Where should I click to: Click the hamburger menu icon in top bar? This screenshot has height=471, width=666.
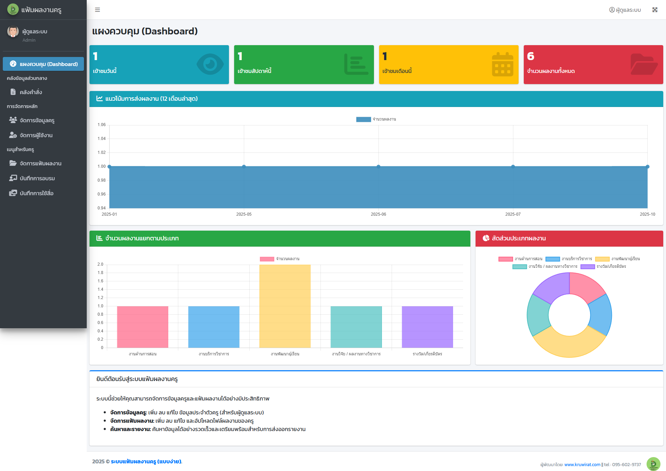[x=97, y=10]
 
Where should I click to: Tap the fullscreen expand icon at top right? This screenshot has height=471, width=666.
[x=655, y=10]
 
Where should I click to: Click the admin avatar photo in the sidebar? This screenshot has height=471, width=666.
[x=13, y=32]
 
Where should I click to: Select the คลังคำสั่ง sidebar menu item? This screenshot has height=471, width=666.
[x=31, y=92]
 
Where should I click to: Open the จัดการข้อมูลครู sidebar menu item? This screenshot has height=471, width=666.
[x=37, y=120]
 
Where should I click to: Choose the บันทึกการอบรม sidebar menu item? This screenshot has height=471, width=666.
[x=37, y=178]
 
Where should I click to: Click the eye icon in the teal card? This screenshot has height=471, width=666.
[x=210, y=64]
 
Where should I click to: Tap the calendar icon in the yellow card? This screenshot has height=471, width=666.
[x=502, y=64]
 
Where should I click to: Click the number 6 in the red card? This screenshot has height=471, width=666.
[x=530, y=56]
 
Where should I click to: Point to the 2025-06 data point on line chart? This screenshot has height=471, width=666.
[x=378, y=166]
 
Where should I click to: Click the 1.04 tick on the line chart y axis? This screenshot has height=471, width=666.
[x=102, y=139]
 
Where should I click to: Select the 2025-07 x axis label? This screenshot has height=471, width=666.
[x=513, y=214]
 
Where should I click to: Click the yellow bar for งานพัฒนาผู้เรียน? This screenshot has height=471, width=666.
[x=285, y=306]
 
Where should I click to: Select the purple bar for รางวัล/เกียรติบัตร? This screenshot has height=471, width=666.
[x=427, y=327]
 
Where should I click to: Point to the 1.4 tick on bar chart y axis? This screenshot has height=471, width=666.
[x=100, y=289]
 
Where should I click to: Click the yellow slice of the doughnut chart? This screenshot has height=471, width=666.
[x=569, y=346]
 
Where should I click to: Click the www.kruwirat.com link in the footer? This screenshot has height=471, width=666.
[x=582, y=464]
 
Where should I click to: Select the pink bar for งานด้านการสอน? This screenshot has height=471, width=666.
[x=143, y=327]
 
